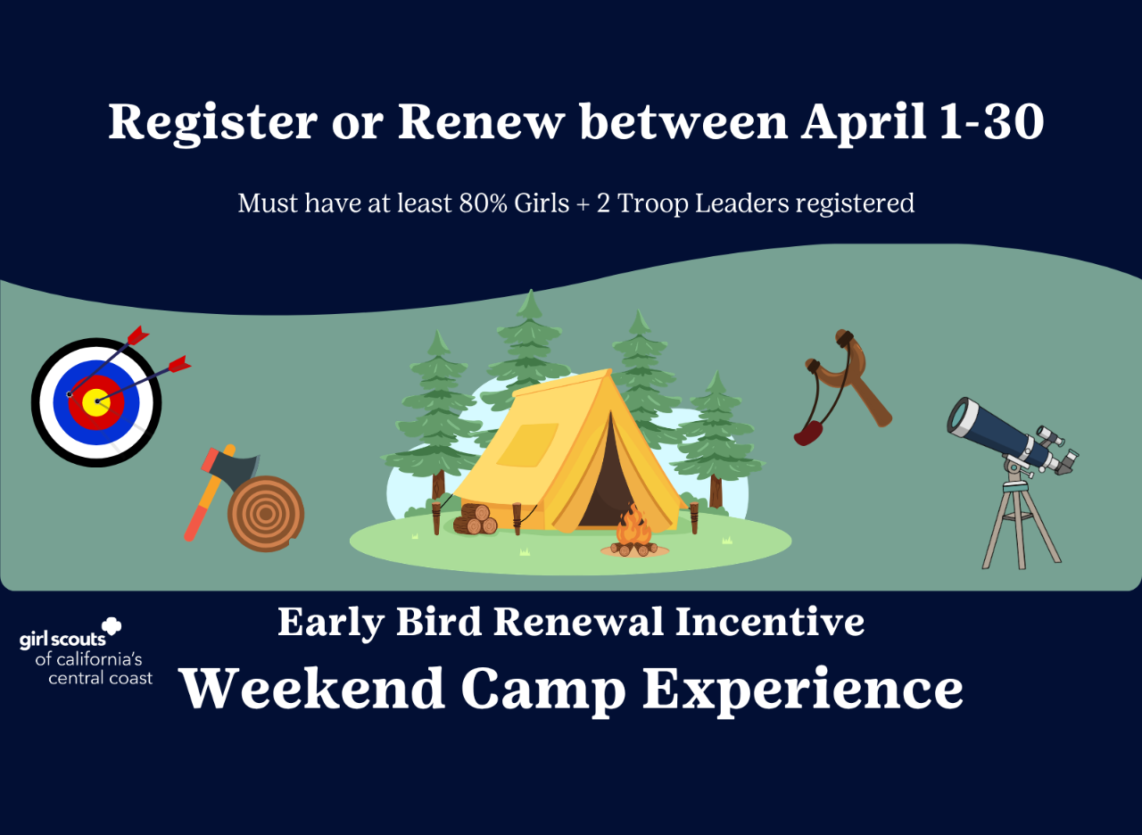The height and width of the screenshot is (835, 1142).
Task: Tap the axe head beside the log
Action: coord(237,469)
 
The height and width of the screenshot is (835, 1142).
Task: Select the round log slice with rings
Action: coord(266,515)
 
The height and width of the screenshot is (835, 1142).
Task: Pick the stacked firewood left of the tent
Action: coord(475,519)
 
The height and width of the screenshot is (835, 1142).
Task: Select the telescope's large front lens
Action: coord(962,417)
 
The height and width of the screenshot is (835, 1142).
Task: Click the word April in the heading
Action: coord(863,123)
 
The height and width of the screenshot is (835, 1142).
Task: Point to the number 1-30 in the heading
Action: coord(990,123)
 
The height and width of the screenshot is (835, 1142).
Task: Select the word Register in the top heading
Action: coord(212,123)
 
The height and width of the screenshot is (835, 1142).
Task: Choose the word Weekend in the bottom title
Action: coord(312,689)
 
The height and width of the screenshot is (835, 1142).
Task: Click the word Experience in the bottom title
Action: coord(803,689)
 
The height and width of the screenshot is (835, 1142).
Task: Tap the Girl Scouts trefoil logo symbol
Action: coord(112,627)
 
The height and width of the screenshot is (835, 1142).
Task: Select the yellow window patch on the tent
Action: coord(526,443)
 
